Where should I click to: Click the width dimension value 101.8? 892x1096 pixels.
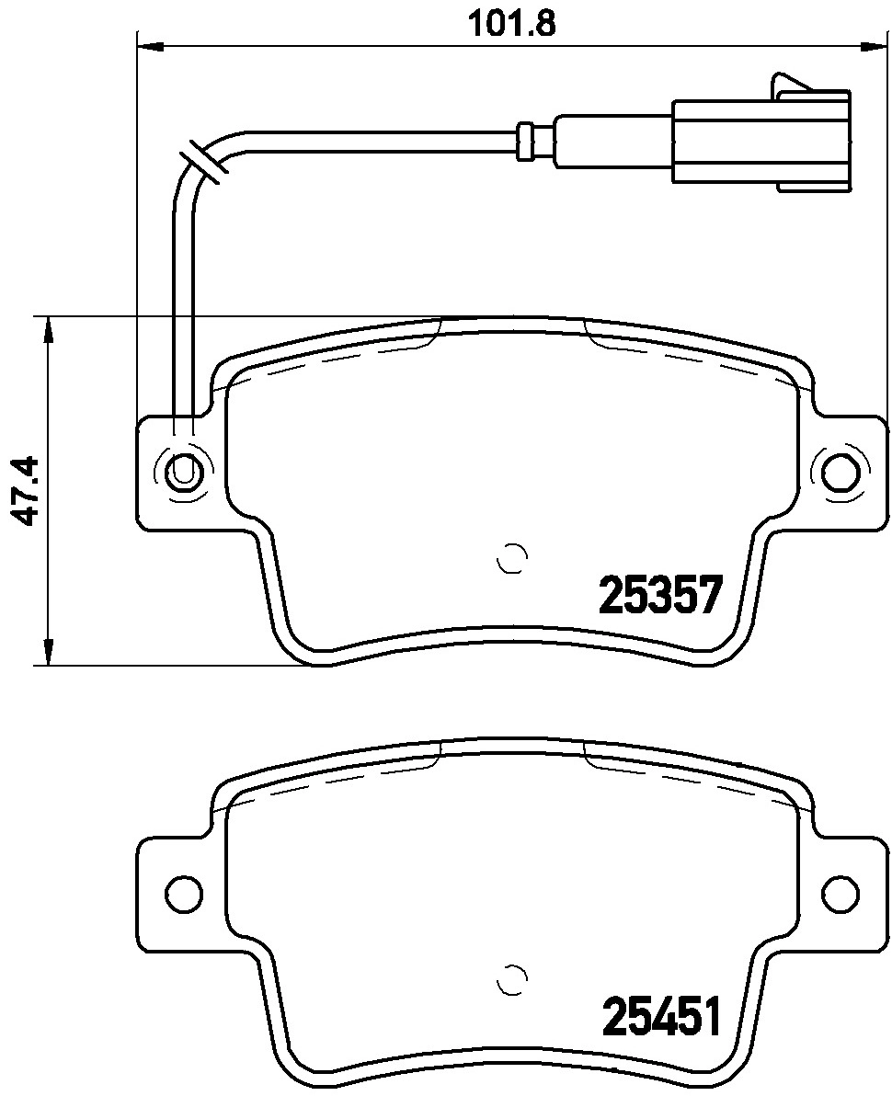[x=513, y=21]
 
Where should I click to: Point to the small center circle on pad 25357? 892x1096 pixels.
[x=510, y=558]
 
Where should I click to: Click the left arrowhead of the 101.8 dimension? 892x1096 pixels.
[x=147, y=45]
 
